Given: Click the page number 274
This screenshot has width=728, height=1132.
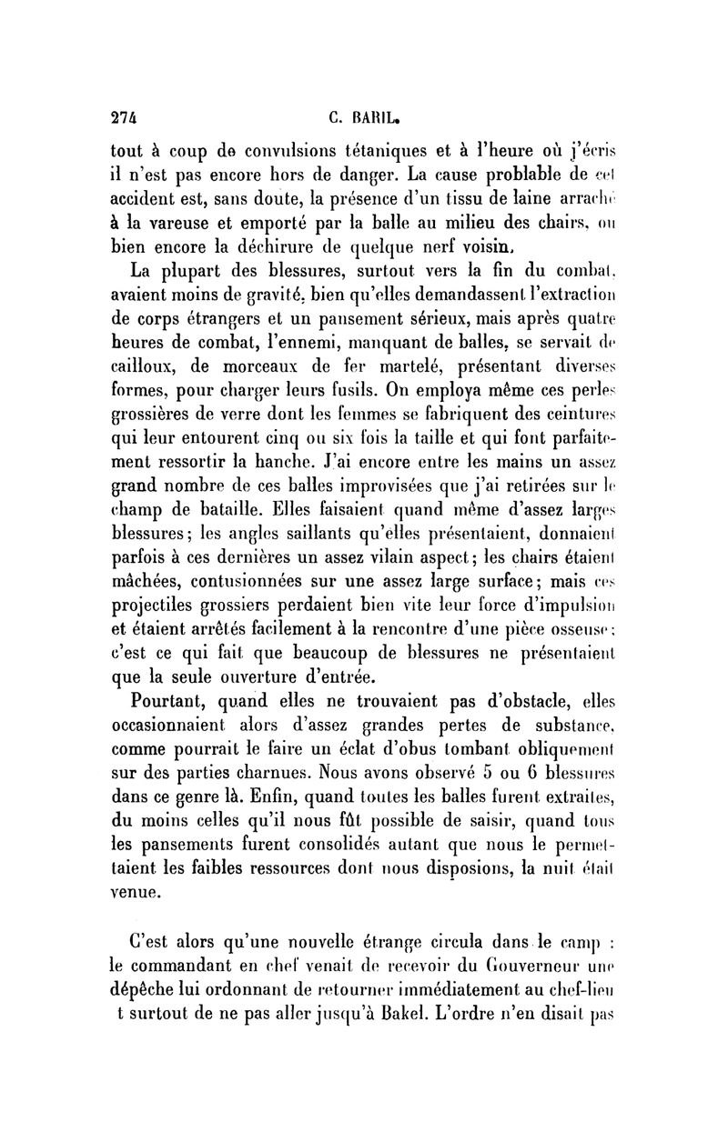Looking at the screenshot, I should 123,116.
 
